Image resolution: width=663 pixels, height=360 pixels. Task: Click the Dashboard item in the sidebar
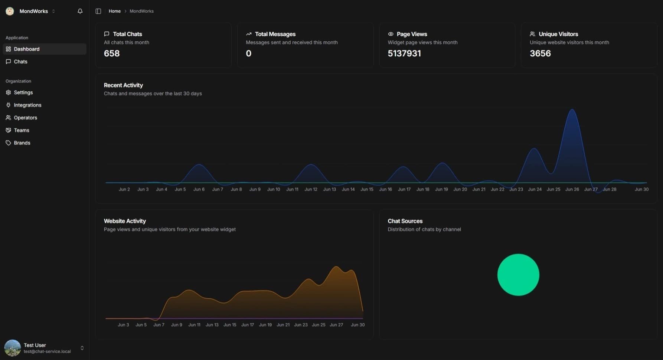(27, 49)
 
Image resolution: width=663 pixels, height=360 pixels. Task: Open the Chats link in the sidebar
(20, 62)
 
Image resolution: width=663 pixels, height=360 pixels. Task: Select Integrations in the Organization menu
(27, 105)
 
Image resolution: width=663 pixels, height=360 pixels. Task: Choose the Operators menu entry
(25, 118)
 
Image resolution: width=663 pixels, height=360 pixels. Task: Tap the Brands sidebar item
(22, 143)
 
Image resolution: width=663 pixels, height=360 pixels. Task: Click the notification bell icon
(80, 11)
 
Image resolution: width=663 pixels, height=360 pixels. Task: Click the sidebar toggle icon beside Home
(98, 11)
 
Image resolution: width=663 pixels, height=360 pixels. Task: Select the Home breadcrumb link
(114, 11)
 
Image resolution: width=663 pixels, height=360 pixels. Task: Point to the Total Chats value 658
(112, 53)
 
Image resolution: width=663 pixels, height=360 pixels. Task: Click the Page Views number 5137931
(404, 53)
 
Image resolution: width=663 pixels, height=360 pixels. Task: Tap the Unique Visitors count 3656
(540, 53)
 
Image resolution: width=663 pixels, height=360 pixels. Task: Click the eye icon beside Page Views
(391, 34)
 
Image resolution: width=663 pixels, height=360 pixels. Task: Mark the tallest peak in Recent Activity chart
(572, 109)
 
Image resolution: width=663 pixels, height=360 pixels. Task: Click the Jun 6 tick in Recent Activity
(199, 189)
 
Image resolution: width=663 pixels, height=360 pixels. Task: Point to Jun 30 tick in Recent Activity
(641, 189)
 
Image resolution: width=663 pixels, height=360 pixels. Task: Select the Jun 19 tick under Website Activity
(265, 325)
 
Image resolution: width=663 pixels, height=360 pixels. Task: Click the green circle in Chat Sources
(518, 275)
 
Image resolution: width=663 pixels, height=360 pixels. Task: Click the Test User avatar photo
(12, 348)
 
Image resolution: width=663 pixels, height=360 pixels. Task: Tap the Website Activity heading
(125, 221)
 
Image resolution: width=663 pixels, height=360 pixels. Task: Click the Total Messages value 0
(249, 53)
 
